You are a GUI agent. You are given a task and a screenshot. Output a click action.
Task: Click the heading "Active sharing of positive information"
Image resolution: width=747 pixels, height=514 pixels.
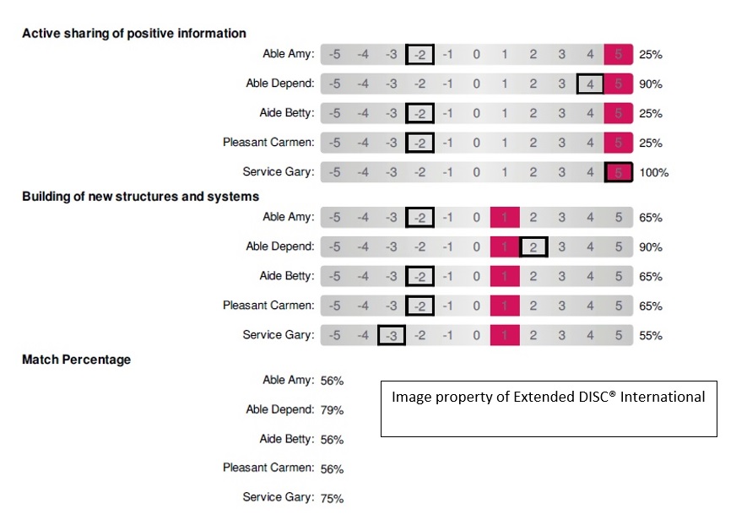pyautogui.click(x=134, y=34)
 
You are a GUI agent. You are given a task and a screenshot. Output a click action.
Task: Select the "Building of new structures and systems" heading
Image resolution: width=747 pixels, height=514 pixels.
pyautogui.click(x=140, y=197)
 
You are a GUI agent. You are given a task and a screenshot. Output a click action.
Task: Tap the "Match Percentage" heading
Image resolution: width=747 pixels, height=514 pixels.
pyautogui.click(x=76, y=360)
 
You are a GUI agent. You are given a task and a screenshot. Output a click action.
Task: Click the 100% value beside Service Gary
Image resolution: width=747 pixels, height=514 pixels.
pyautogui.click(x=653, y=173)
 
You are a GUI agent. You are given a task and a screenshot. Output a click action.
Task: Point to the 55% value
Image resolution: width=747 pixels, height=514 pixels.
pyautogui.click(x=650, y=336)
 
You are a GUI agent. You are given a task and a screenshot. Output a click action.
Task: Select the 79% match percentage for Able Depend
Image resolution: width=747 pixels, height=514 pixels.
pyautogui.click(x=331, y=410)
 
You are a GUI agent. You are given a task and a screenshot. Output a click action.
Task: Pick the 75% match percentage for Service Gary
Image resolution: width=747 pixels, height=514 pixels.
pyautogui.click(x=331, y=498)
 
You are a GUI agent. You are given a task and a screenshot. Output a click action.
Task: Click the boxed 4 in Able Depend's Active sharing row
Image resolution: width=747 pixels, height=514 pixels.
pyautogui.click(x=590, y=84)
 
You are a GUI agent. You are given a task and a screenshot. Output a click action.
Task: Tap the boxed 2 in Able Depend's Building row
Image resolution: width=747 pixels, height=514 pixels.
pyautogui.click(x=533, y=247)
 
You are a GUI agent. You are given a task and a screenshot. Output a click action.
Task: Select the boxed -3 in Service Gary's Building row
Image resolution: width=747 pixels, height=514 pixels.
pyautogui.click(x=392, y=336)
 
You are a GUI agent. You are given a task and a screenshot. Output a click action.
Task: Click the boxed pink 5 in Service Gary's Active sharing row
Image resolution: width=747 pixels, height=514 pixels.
pyautogui.click(x=619, y=172)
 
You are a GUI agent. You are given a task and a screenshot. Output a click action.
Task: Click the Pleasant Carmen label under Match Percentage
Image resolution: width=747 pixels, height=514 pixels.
pyautogui.click(x=268, y=468)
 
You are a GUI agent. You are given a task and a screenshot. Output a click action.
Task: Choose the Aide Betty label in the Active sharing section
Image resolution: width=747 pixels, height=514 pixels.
pyautogui.click(x=287, y=113)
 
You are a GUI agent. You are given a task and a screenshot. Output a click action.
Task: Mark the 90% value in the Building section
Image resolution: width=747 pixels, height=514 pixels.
pyautogui.click(x=650, y=247)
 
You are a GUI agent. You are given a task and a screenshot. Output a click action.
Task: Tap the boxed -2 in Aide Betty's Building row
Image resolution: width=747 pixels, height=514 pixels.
pyautogui.click(x=420, y=277)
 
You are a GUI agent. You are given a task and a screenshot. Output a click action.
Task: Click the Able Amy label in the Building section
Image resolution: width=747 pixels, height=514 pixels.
pyautogui.click(x=288, y=217)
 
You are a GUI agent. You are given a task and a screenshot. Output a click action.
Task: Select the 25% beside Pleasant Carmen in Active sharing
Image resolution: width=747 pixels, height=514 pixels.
pyautogui.click(x=650, y=143)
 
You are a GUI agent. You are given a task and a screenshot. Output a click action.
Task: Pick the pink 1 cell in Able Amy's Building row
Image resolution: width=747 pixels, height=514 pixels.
pyautogui.click(x=505, y=218)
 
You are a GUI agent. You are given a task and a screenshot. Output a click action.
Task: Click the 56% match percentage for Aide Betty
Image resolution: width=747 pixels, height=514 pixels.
pyautogui.click(x=331, y=440)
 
